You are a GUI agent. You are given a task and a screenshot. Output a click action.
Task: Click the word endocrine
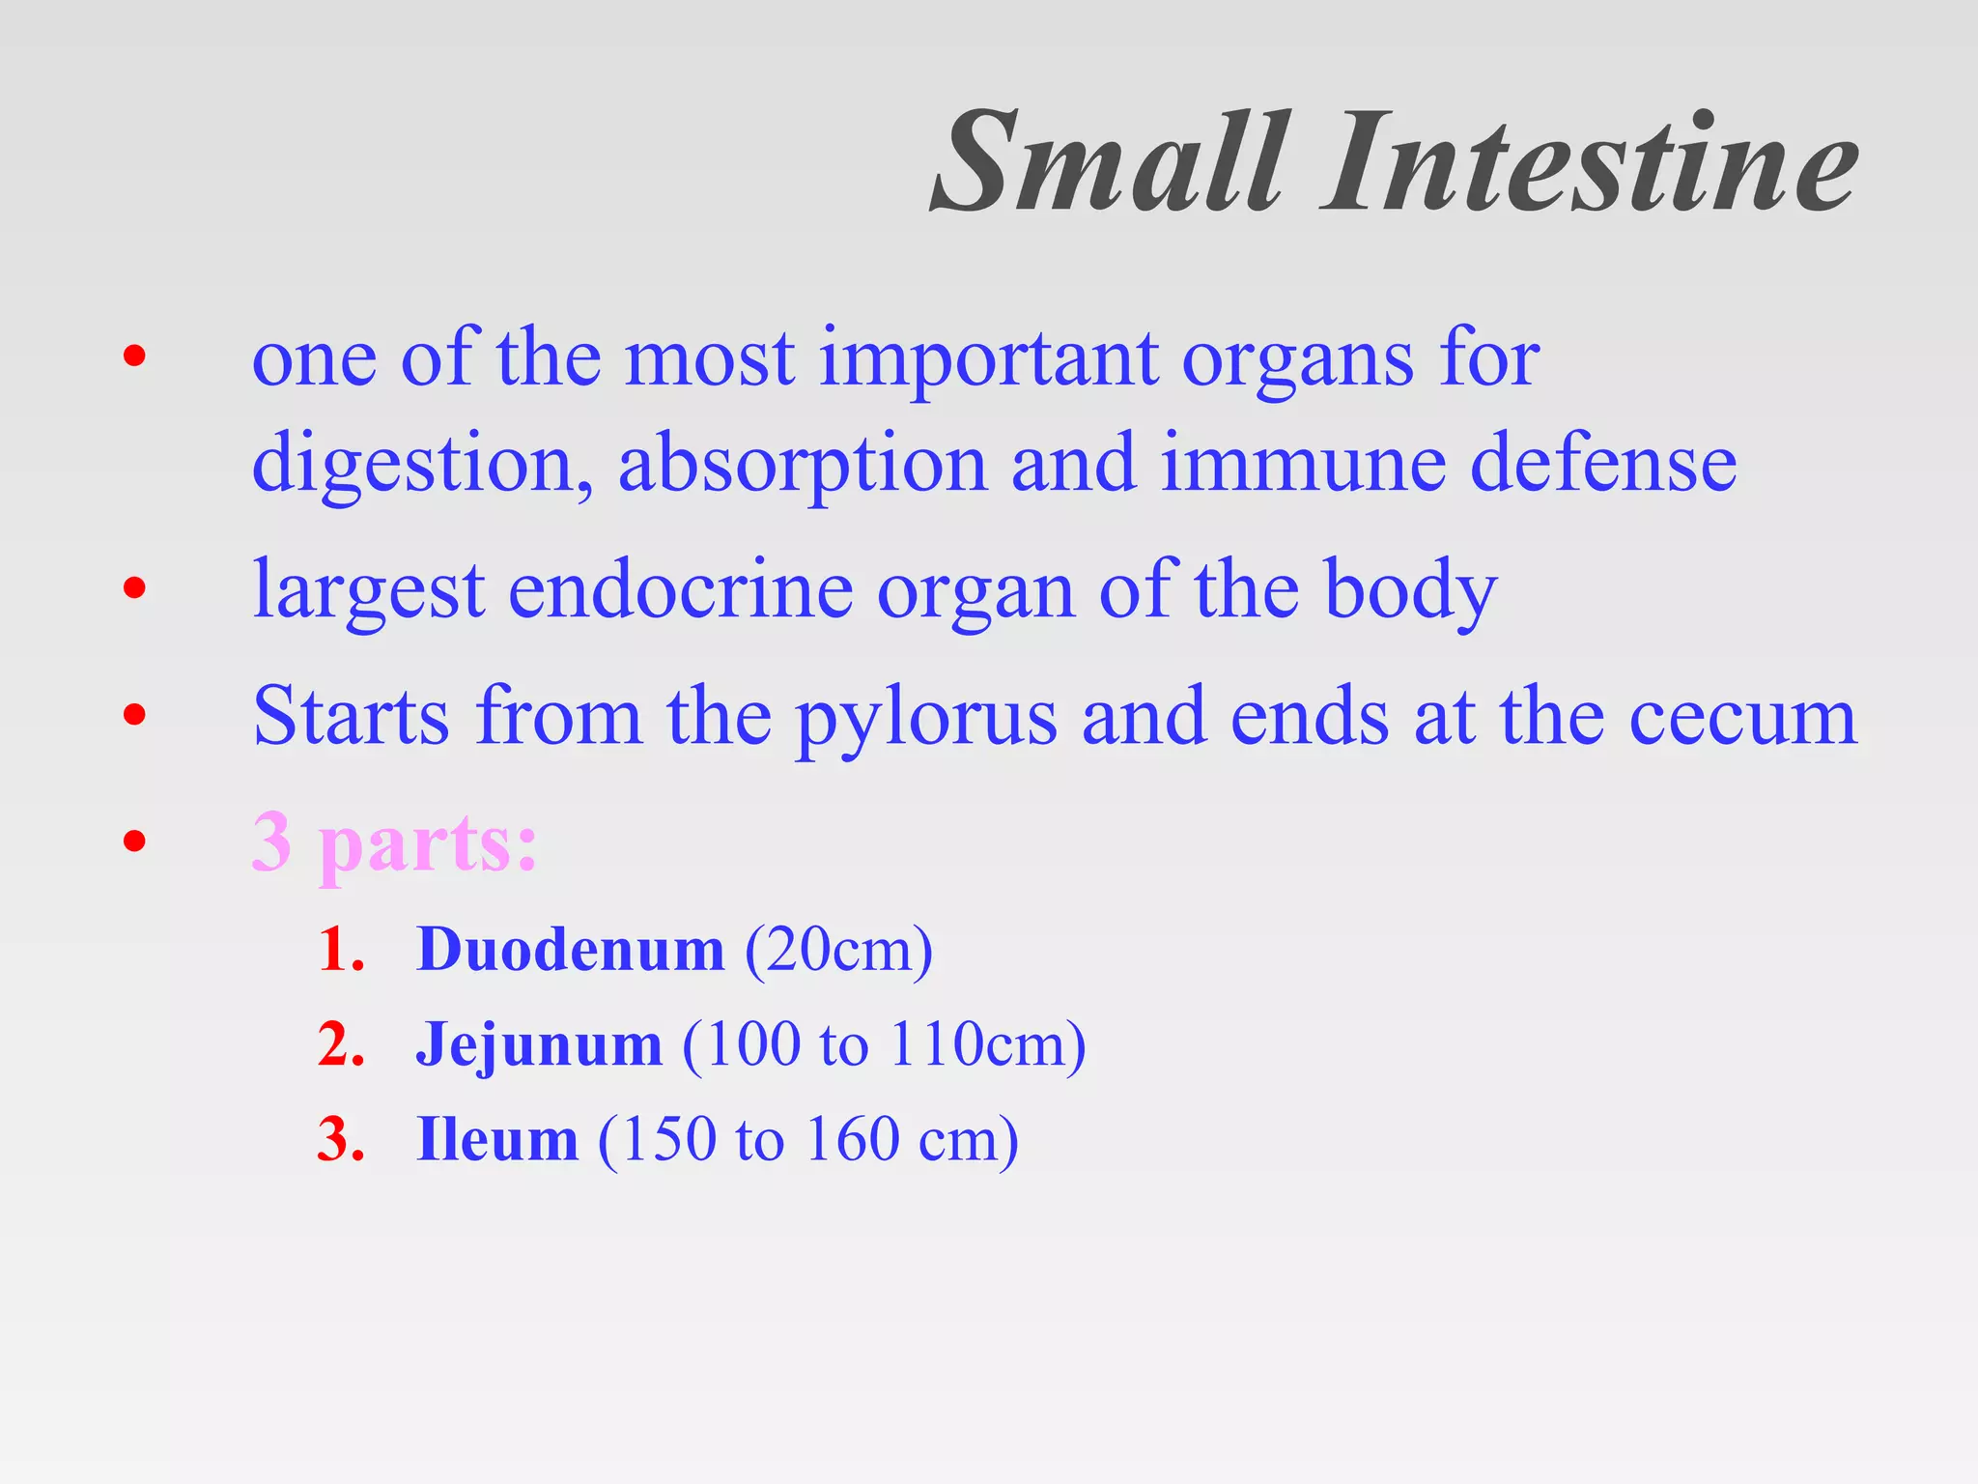click(x=680, y=590)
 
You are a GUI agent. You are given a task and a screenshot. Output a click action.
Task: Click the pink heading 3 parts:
click(x=394, y=843)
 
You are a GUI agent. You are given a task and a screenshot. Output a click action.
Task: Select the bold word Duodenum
click(x=570, y=950)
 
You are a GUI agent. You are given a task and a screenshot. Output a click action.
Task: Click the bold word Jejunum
click(x=539, y=1044)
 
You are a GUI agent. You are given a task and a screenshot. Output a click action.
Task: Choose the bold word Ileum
click(x=496, y=1139)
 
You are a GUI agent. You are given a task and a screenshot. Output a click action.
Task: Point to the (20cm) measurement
click(x=838, y=950)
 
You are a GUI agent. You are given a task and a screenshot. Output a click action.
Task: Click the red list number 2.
click(x=340, y=1044)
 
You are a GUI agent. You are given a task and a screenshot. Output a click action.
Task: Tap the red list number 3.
click(x=340, y=1139)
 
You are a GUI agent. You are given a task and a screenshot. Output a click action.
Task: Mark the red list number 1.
click(x=340, y=950)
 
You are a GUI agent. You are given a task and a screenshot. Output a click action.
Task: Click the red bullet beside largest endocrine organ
click(x=134, y=588)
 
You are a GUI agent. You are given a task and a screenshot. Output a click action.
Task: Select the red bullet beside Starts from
click(x=134, y=715)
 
